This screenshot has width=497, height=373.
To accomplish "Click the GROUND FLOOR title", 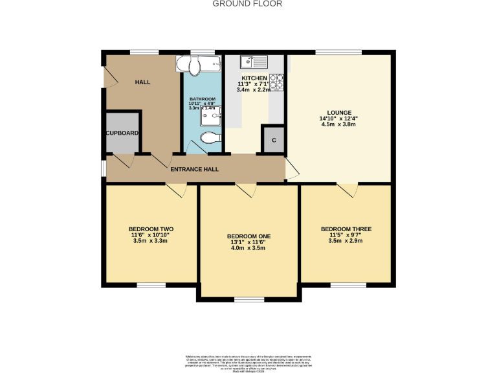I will coord(248,4).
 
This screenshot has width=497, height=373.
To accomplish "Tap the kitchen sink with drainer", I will coord(253,62).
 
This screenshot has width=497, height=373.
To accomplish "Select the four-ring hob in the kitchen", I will coord(276,82).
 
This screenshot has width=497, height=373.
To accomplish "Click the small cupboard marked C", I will coord(273,141).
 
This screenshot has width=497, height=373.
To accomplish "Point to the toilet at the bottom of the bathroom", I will coord(209,138).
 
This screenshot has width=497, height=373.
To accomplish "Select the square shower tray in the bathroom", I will coord(210,115).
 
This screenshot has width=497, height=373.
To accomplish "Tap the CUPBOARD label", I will coord(122,133).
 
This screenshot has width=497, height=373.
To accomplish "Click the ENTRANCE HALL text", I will coord(194,169).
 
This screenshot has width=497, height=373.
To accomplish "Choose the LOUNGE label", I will coord(339,112).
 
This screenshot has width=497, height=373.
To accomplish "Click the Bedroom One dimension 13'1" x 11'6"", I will coord(248,242).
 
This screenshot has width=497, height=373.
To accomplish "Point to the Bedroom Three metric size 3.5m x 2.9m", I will coord(346,240).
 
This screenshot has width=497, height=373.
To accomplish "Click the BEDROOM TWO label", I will coord(151,229).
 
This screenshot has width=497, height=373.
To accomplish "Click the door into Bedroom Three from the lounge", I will coord(347,189).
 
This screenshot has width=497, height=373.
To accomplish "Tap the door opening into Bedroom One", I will coord(245,189).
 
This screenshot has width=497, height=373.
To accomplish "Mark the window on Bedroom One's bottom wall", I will coord(248,299).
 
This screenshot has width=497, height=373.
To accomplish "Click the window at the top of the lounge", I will coord(339,52).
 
